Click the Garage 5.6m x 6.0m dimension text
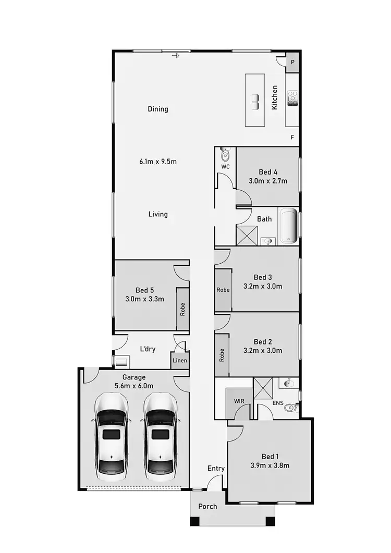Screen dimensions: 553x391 pyautogui.click(x=134, y=386)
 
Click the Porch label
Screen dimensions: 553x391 pyautogui.click(x=207, y=506)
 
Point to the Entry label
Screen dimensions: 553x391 pyautogui.click(x=216, y=469)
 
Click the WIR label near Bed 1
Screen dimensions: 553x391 pyautogui.click(x=239, y=401)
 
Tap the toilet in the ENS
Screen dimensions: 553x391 pyautogui.click(x=290, y=408)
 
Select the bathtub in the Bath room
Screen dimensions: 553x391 pyautogui.click(x=288, y=227)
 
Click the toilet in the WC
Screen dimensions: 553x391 pyautogui.click(x=225, y=154)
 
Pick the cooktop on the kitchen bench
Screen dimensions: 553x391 pyautogui.click(x=292, y=98)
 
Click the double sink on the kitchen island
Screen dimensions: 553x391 pyautogui.click(x=255, y=102)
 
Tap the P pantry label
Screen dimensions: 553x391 pyautogui.click(x=292, y=62)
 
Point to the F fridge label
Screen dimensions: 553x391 pyautogui.click(x=292, y=138)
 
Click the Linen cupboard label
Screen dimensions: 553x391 pyautogui.click(x=180, y=361)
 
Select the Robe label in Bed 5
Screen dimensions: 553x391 pyautogui.click(x=182, y=310)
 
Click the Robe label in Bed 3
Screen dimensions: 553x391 pyautogui.click(x=223, y=290)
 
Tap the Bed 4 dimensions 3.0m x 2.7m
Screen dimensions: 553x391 pyautogui.click(x=268, y=181)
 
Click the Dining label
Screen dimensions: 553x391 pyautogui.click(x=158, y=109)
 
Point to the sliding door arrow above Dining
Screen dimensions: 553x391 pyautogui.click(x=176, y=55)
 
